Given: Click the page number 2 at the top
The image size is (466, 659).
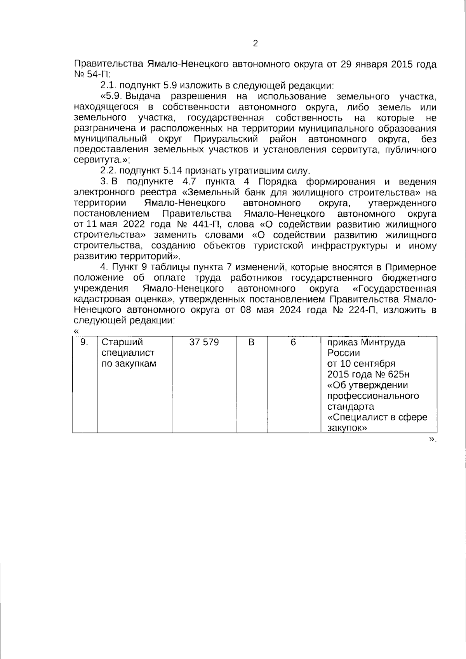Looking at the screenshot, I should [x=255, y=43].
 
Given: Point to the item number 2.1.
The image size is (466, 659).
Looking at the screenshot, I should [x=109, y=85].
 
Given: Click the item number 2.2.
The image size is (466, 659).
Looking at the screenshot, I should [x=109, y=171].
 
